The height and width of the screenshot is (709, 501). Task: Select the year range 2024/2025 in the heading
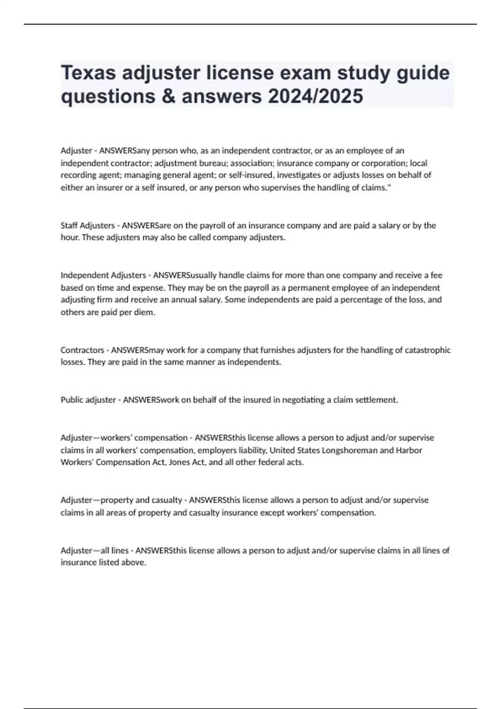315,96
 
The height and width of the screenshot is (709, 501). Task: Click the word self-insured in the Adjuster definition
250,175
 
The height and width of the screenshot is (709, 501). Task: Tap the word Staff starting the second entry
69,226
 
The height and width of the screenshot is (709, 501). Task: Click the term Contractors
82,350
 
